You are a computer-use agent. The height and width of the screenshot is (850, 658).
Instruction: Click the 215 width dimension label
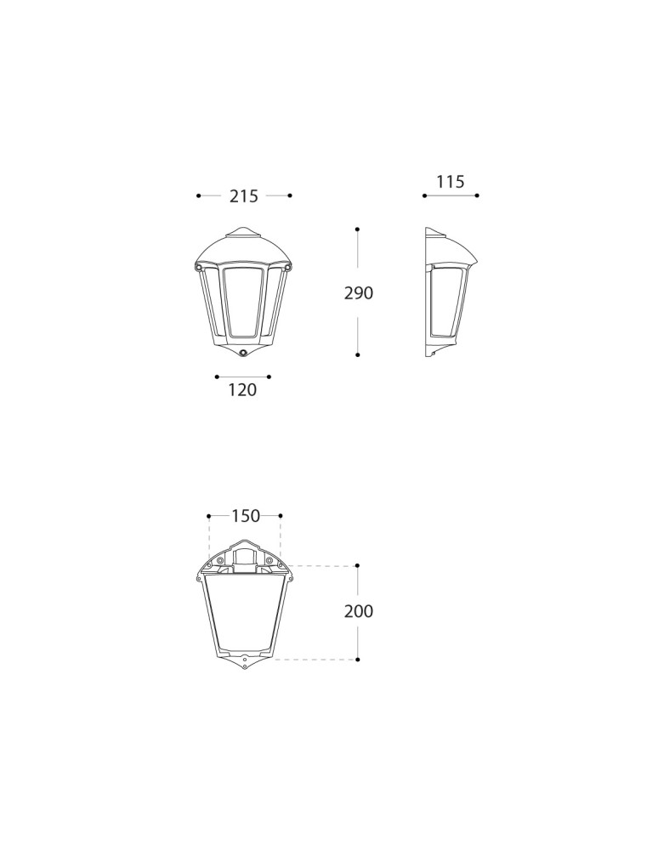click(x=244, y=196)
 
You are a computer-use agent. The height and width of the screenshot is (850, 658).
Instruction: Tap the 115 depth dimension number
click(x=451, y=182)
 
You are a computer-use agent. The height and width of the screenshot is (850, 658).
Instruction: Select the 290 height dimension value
click(x=359, y=292)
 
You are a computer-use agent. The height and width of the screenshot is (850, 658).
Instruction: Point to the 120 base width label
click(x=242, y=390)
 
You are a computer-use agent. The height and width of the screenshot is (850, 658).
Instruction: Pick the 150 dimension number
click(x=246, y=516)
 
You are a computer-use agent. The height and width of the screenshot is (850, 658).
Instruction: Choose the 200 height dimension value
click(x=359, y=611)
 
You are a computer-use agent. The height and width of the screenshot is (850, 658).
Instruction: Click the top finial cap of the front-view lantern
click(x=242, y=231)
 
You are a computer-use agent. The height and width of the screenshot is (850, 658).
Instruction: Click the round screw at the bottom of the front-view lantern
click(x=243, y=354)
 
